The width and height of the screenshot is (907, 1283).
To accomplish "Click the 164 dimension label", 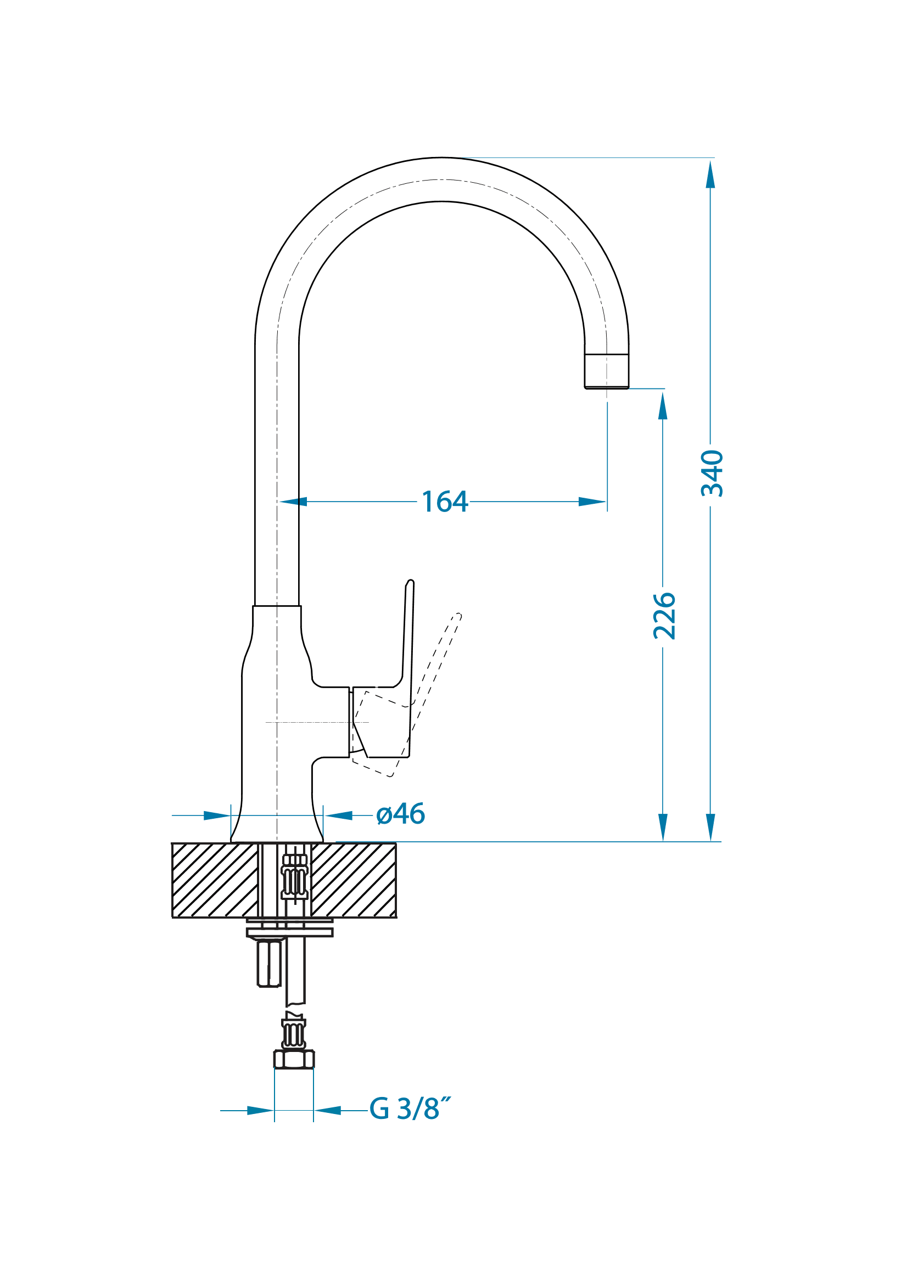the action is tap(445, 501).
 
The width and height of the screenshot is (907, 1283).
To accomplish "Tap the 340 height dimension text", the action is tap(712, 473).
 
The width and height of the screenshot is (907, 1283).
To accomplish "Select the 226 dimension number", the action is tap(664, 616).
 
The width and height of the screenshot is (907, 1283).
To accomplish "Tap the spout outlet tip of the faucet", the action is tap(607, 387).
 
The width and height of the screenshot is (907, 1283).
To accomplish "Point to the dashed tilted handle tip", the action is tap(458, 616).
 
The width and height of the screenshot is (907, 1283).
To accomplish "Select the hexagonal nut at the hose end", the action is tap(294, 1059).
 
